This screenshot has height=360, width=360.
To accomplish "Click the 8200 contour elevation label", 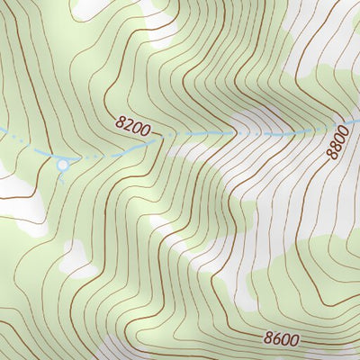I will pos(132,128).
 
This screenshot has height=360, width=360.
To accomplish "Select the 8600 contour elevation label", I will pos(282,339).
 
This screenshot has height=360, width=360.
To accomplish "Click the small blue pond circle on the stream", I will pos(62,165).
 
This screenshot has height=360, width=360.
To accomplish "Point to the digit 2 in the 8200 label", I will pos(127,126).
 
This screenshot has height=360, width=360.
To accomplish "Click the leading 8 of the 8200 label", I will pos(120,122).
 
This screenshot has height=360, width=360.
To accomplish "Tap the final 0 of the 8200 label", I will pos(145,133).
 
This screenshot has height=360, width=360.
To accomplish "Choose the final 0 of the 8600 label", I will pos(295,342).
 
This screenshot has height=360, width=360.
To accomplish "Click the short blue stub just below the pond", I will pos(62,175).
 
